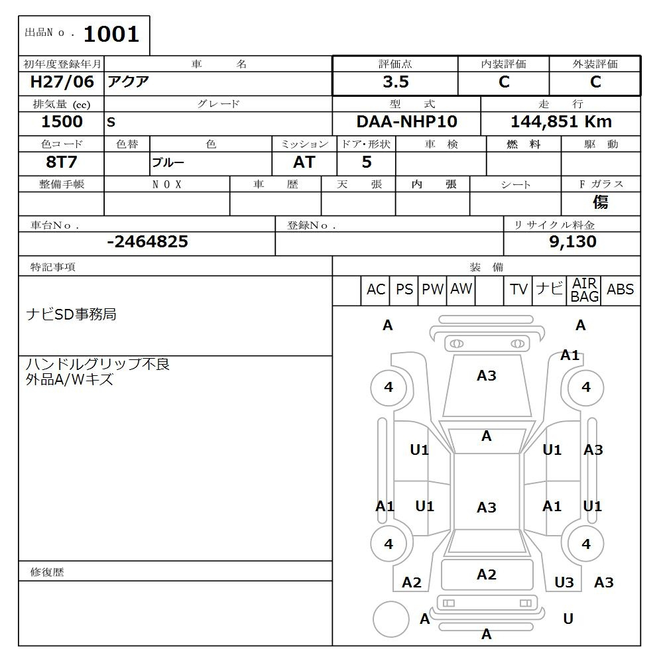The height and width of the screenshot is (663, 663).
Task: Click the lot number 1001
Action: (x=111, y=34)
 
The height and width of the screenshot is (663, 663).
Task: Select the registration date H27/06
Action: (x=62, y=82)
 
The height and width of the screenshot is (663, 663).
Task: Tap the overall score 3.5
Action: (x=395, y=82)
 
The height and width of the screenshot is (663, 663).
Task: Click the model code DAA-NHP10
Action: (x=406, y=122)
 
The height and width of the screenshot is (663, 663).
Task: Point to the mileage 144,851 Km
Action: (x=561, y=122)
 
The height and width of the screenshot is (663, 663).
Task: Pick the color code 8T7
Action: (x=62, y=162)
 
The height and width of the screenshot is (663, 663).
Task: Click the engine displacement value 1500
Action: (x=62, y=122)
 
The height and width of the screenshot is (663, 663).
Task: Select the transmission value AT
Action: (x=304, y=162)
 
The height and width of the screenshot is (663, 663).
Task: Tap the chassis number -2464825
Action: (x=147, y=242)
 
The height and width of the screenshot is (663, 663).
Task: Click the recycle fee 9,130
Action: (x=572, y=242)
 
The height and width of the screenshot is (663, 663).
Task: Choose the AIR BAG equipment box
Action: (x=585, y=290)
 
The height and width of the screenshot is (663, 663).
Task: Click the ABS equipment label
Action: (x=620, y=290)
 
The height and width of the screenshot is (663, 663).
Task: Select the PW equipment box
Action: (x=432, y=290)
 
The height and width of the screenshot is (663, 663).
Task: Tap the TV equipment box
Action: (x=518, y=290)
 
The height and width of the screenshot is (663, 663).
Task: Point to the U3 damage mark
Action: (x=564, y=582)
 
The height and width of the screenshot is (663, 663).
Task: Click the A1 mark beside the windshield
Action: (x=570, y=355)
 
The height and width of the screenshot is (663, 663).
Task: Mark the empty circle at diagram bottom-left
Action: (x=391, y=619)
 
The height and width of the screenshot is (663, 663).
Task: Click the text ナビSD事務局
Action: (x=71, y=314)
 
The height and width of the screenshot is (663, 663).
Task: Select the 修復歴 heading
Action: (x=47, y=572)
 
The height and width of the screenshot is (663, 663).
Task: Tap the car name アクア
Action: (x=129, y=82)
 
